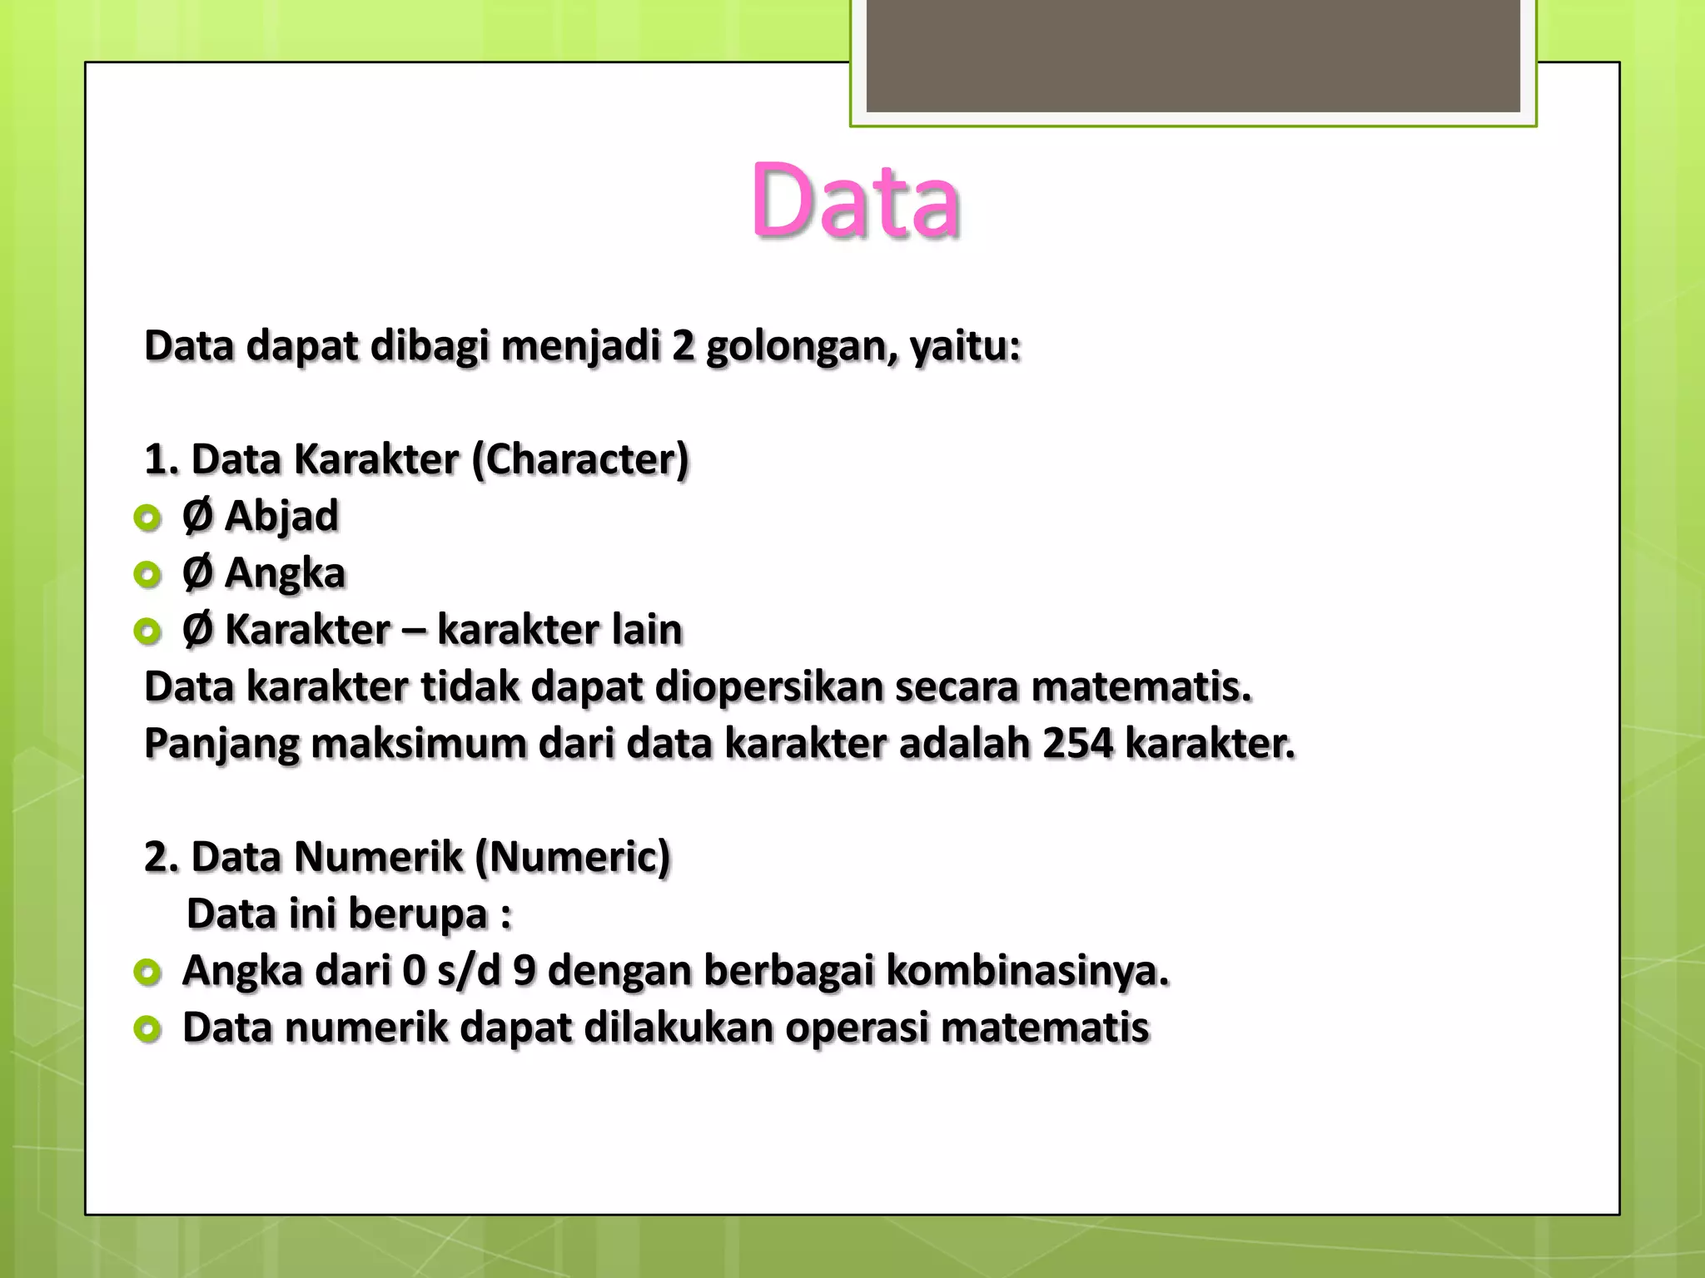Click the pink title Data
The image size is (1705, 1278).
point(855,201)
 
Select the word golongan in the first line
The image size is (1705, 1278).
point(801,347)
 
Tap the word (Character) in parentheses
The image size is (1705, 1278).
point(580,459)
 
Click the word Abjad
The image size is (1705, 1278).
point(281,516)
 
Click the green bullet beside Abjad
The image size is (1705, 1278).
point(147,518)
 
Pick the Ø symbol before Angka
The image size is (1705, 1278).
point(197,572)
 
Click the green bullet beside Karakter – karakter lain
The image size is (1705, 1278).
point(147,632)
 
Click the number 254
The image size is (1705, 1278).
point(1077,743)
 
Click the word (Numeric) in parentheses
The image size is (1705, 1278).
point(573,857)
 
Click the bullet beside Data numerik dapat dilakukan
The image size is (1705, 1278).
point(147,1030)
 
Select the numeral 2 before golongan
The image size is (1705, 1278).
point(683,347)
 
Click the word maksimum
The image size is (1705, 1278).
point(419,743)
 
